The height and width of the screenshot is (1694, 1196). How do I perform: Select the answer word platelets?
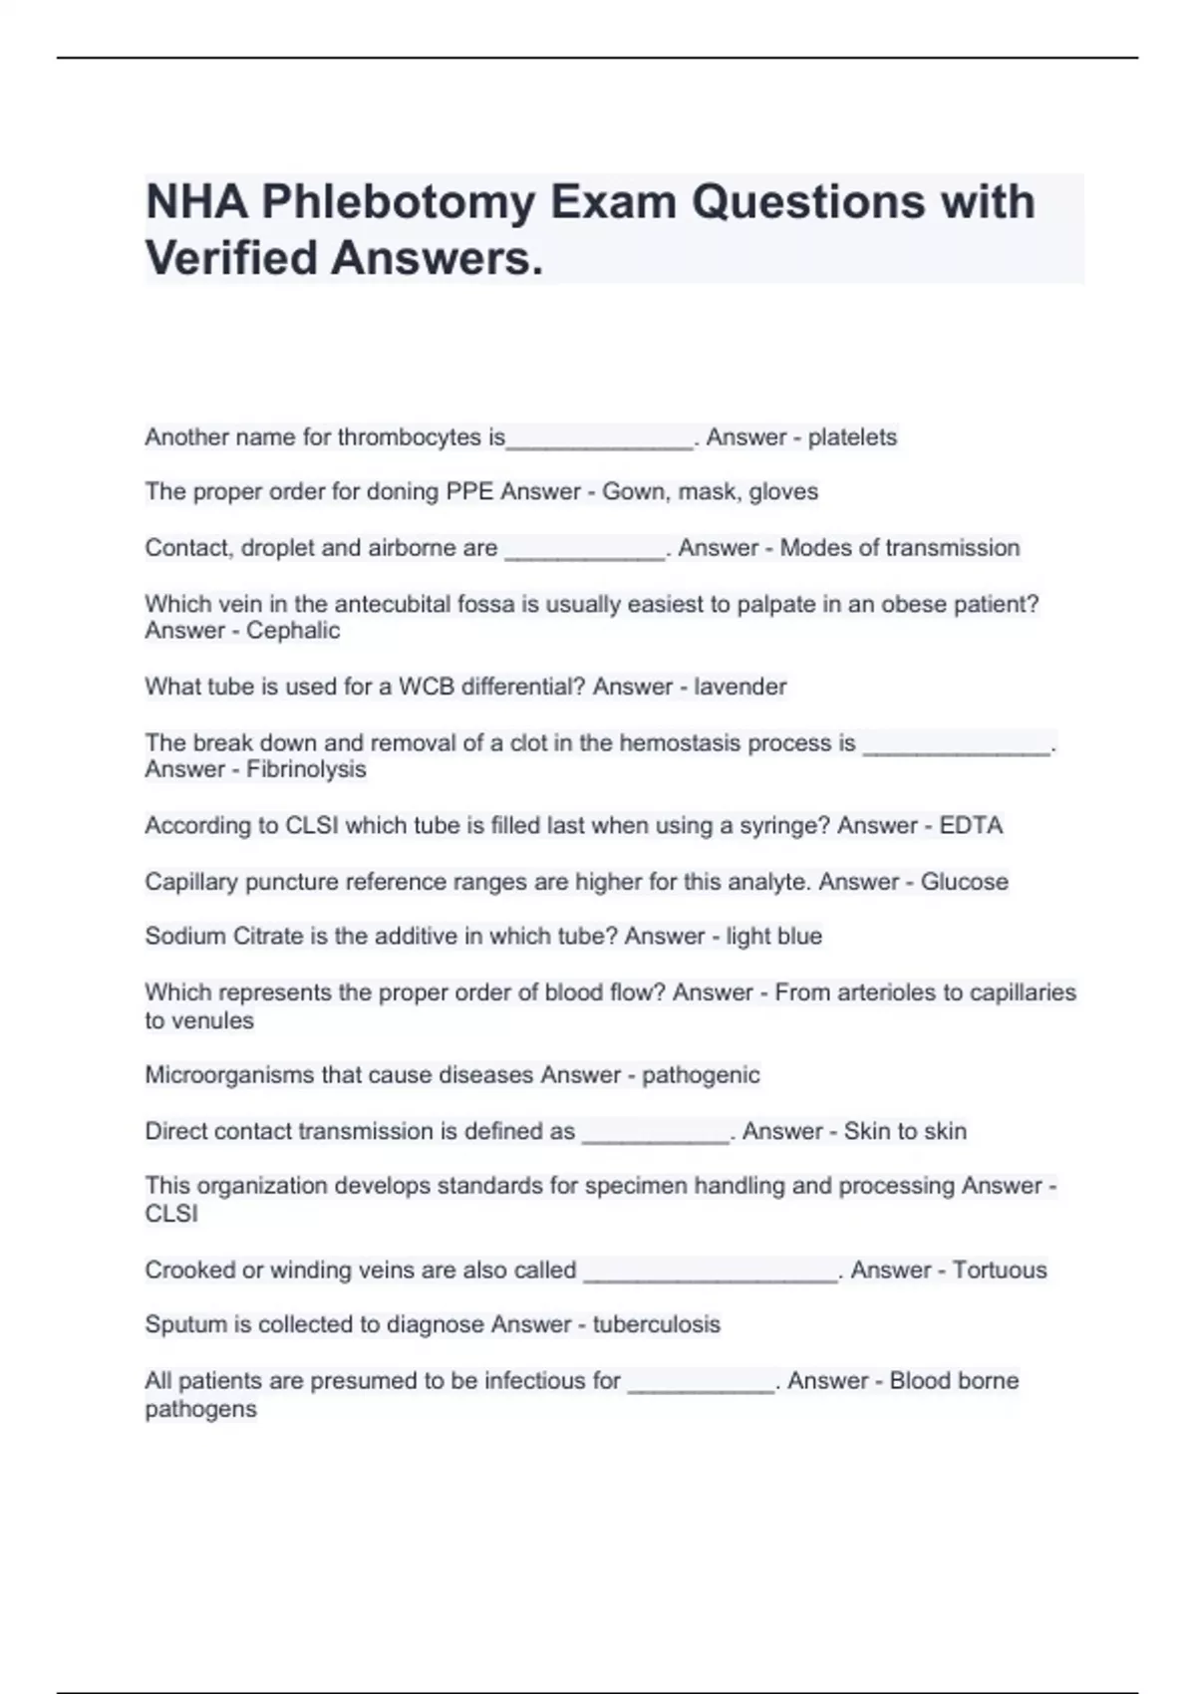(852, 437)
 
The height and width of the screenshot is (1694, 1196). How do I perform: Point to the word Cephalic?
(293, 631)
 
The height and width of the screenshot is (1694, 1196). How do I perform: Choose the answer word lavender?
(741, 687)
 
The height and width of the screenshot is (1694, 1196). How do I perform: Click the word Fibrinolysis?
(306, 769)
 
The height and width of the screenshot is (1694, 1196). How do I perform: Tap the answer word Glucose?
(964, 882)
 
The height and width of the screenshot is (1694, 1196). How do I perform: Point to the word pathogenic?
(701, 1075)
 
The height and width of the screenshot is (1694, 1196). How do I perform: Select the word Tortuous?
(1000, 1270)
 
